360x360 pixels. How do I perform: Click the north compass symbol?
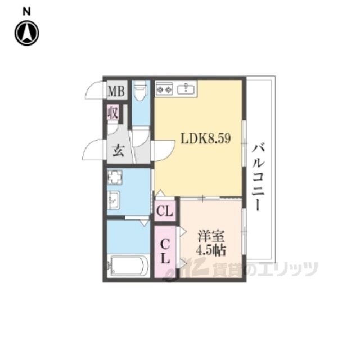[x=27, y=33]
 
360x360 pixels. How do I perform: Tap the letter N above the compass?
[x=26, y=12]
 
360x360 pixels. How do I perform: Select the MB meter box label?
[x=116, y=91]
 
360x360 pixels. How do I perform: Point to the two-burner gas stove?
[x=164, y=88]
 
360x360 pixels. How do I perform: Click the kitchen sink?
[x=186, y=88]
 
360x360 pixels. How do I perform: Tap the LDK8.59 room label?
[x=206, y=139]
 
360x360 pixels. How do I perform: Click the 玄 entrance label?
[x=118, y=151]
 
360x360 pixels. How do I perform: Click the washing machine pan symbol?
[x=115, y=177]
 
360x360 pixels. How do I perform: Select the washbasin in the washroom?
[x=114, y=200]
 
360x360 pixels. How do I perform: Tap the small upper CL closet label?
[x=165, y=211]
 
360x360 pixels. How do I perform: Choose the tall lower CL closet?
[x=165, y=251]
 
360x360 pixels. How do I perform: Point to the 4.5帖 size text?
[x=211, y=250]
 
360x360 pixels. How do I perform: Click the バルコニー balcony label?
[x=258, y=177]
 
